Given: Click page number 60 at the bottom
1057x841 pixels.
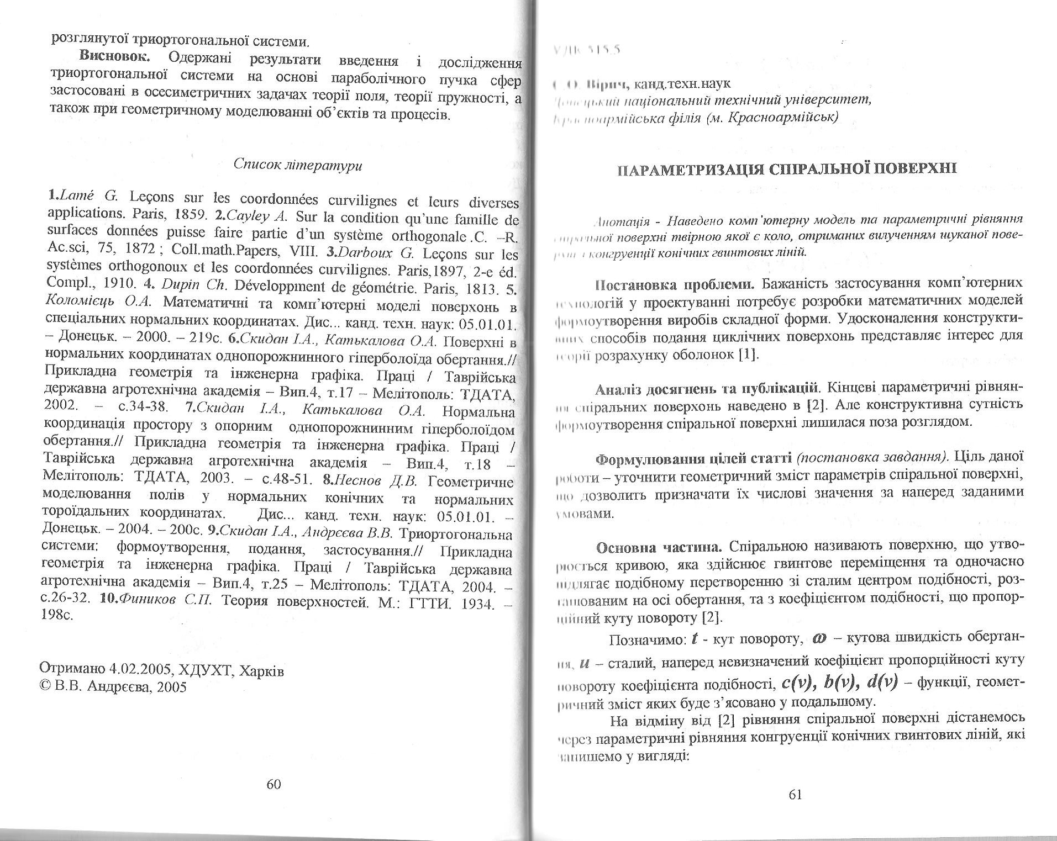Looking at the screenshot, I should tap(274, 784).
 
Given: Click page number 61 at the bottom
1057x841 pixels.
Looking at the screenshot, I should tap(796, 795).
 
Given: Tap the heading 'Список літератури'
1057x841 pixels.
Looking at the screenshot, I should tap(298, 165).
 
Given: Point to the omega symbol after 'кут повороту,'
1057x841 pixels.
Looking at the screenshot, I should tap(819, 638).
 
